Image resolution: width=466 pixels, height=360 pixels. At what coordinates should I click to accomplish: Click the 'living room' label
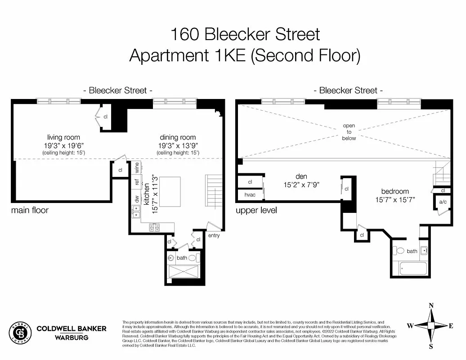coord(63,137)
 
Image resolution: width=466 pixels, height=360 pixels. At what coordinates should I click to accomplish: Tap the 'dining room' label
coord(178,137)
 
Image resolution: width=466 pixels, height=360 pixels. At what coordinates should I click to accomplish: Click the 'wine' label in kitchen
coord(136,167)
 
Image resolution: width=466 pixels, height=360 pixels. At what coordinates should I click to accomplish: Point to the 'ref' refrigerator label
coord(136,182)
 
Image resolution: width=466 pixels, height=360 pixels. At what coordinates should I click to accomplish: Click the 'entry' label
coord(214,235)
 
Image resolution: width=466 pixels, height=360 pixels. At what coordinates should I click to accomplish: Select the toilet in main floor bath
coord(193,258)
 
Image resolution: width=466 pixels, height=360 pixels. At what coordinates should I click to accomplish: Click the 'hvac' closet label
coord(250,195)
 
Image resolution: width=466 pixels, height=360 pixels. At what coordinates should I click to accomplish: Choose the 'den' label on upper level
coord(301,176)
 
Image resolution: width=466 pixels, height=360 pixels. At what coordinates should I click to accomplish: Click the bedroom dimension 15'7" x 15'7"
coord(395,199)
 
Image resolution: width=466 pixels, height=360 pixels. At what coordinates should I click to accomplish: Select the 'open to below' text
coord(349,132)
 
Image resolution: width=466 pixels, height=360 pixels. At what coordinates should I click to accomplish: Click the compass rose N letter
coord(431,306)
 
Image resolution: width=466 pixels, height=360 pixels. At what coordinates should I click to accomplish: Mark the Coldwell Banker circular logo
coord(20,333)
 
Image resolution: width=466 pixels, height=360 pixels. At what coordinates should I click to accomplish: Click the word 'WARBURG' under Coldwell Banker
coord(71,337)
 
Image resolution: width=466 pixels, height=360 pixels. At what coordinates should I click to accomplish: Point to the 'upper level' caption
coord(256,210)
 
